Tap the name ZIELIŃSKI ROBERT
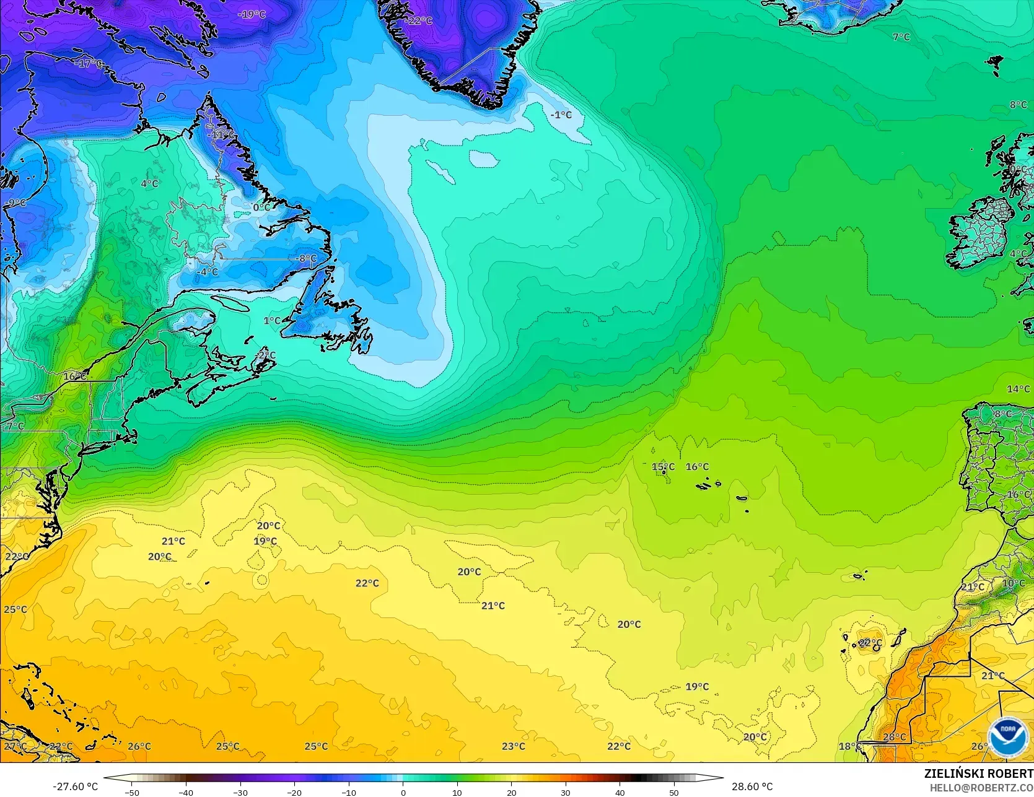click(978, 773)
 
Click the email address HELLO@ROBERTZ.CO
click(981, 787)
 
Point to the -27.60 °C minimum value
click(75, 786)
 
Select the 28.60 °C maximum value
click(752, 786)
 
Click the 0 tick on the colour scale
click(403, 792)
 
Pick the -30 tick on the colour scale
click(240, 792)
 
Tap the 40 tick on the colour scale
click(620, 792)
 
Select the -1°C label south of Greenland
click(561, 115)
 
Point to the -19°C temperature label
click(252, 14)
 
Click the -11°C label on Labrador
click(222, 134)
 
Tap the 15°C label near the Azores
click(663, 466)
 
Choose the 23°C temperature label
click(514, 746)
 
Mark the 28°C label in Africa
click(895, 737)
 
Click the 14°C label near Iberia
click(1018, 389)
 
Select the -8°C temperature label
click(307, 259)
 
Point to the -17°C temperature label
click(88, 63)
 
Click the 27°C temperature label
click(15, 746)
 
